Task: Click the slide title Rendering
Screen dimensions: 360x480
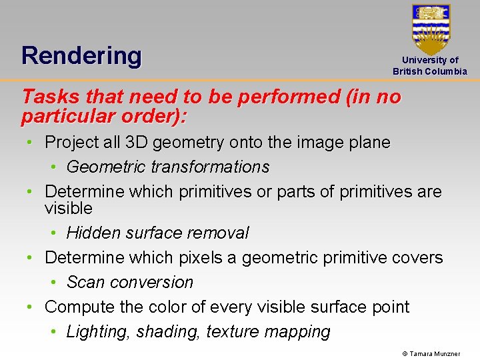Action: click(81, 55)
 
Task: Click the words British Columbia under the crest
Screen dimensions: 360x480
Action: click(430, 71)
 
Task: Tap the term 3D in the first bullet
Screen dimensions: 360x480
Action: click(133, 142)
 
